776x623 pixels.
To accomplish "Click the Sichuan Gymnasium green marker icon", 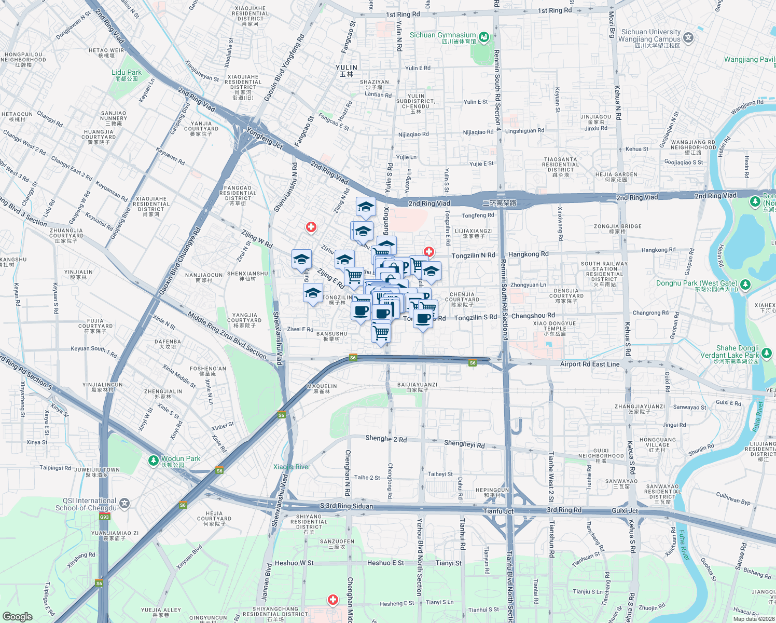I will pos(484,36).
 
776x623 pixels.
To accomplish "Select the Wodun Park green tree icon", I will pos(153,461).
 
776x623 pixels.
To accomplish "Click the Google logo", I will pos(17,616).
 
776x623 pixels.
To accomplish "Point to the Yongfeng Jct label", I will pos(265,139).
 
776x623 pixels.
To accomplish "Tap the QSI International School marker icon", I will pos(124,503).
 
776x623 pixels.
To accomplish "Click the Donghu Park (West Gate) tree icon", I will pos(745,284).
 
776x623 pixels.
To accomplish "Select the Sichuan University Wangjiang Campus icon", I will pos(688,37).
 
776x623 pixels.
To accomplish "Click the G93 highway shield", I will pos(105,517).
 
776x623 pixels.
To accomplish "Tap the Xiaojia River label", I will pos(292,467).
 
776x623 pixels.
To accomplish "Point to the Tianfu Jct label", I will pos(498,511).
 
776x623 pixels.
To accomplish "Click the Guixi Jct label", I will pos(625,510).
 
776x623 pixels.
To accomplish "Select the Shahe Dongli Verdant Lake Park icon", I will pos(767,354).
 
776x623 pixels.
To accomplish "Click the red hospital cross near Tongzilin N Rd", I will pos(429,252).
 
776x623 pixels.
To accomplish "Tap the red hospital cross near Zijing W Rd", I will pos(311,227).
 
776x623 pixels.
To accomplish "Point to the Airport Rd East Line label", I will pos(590,364).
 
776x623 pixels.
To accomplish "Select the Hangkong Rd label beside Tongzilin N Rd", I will pos(528,254).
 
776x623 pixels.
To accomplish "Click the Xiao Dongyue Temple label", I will pos(555,328).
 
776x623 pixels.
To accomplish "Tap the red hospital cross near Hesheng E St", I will pos(333,600).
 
